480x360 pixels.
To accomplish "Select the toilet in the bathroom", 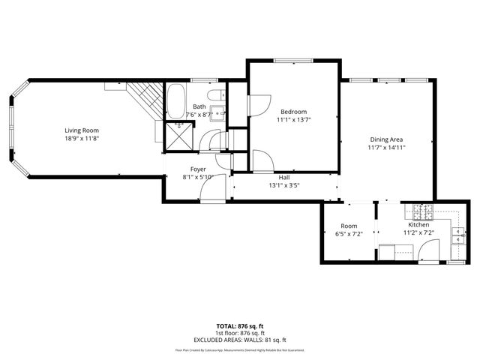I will click(x=216, y=95).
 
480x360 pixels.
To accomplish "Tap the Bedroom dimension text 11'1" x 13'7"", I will click(x=293, y=118).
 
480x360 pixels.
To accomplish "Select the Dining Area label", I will click(x=386, y=139).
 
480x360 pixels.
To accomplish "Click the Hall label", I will click(x=284, y=177).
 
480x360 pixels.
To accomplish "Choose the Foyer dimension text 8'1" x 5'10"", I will click(x=198, y=177).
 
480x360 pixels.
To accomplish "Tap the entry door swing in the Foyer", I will click(x=210, y=192).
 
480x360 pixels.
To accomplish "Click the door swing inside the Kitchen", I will click(x=430, y=255).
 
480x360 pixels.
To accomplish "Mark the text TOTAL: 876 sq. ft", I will click(x=240, y=326).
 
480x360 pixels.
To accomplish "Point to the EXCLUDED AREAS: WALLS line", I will click(x=240, y=338).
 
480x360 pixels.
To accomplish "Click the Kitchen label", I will click(x=418, y=225).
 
